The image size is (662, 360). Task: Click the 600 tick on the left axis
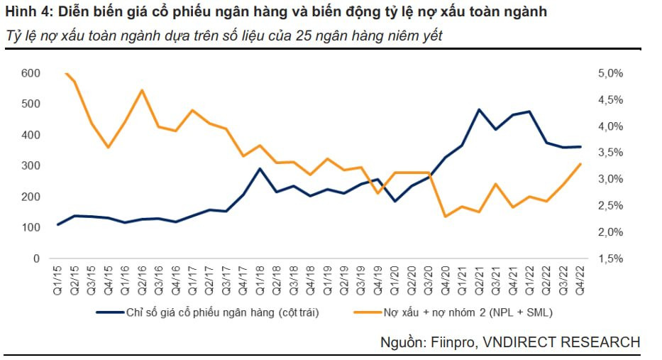[31, 73]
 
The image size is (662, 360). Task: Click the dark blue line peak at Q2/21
[479, 110]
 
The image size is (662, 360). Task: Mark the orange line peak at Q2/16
[142, 90]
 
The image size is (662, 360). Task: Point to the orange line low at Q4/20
[445, 217]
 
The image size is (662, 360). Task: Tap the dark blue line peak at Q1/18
[260, 169]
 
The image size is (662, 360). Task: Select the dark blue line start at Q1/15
[59, 224]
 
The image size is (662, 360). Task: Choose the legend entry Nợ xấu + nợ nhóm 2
[461, 312]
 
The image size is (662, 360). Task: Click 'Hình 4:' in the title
[25, 13]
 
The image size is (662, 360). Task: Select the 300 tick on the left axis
[31, 166]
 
